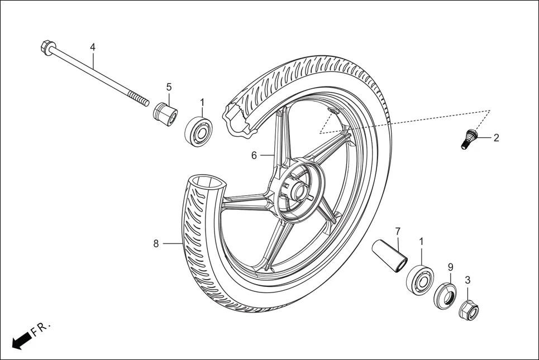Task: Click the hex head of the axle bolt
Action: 46,48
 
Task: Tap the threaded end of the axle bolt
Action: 140,101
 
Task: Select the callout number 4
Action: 93,47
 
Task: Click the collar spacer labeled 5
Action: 165,113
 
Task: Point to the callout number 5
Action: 169,87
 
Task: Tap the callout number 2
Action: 496,137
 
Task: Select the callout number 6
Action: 254,155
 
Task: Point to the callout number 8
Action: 156,243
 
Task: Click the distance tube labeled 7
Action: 392,253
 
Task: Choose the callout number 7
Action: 398,231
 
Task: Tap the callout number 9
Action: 451,267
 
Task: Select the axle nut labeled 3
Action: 468,310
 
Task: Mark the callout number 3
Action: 468,280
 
